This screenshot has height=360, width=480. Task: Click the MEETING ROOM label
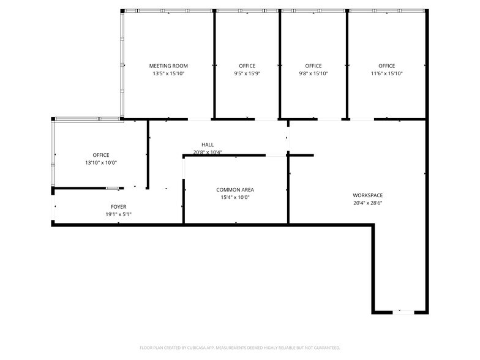coord(168,66)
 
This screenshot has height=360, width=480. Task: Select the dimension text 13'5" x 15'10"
coord(168,73)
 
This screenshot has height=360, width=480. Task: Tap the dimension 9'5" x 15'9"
coord(247,73)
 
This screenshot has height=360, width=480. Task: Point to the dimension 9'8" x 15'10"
coord(313,73)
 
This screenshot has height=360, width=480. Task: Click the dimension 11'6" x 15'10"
coord(386,73)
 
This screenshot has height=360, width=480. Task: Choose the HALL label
coord(208,145)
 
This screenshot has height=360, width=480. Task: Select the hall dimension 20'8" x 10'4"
coord(208,152)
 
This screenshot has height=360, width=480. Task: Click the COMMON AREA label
coord(235,190)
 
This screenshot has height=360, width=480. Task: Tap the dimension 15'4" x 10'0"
coord(235,197)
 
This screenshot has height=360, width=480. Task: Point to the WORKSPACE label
coord(367,196)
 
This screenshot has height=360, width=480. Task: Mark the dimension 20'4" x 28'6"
coord(367,203)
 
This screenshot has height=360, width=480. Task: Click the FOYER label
coord(119,207)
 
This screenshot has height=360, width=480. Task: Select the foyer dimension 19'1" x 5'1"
coord(119,214)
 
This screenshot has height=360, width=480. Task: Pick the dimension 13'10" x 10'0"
coord(101,163)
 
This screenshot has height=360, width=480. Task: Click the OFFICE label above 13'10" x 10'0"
coord(101,156)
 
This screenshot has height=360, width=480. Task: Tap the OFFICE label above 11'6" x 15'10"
coord(386,66)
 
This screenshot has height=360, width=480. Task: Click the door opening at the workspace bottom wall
coord(405,312)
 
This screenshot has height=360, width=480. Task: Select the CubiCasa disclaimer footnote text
coord(240,347)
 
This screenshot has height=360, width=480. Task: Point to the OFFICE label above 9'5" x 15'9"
coord(247,66)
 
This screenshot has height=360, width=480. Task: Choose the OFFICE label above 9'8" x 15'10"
coord(313,66)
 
